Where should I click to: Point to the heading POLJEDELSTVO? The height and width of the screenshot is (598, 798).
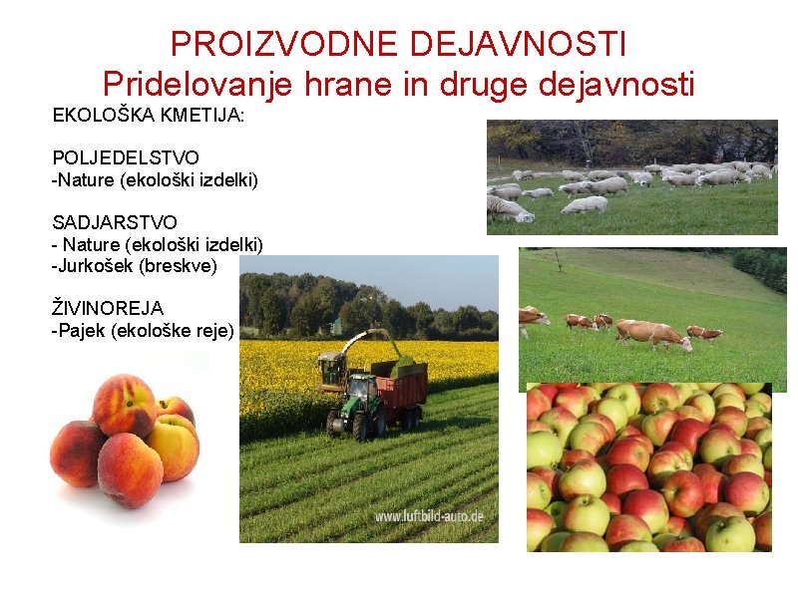[x=126, y=157]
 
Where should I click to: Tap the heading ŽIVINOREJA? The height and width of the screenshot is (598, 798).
[x=108, y=308]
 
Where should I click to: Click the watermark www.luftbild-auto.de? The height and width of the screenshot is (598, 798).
[x=429, y=516]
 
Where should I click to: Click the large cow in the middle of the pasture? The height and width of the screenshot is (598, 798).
[x=652, y=334]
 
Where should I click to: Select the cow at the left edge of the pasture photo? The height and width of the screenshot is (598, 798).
[x=532, y=319]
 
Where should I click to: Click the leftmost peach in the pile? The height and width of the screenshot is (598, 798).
[x=76, y=453]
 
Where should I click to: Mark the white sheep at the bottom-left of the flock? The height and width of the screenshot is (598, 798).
[x=508, y=208]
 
